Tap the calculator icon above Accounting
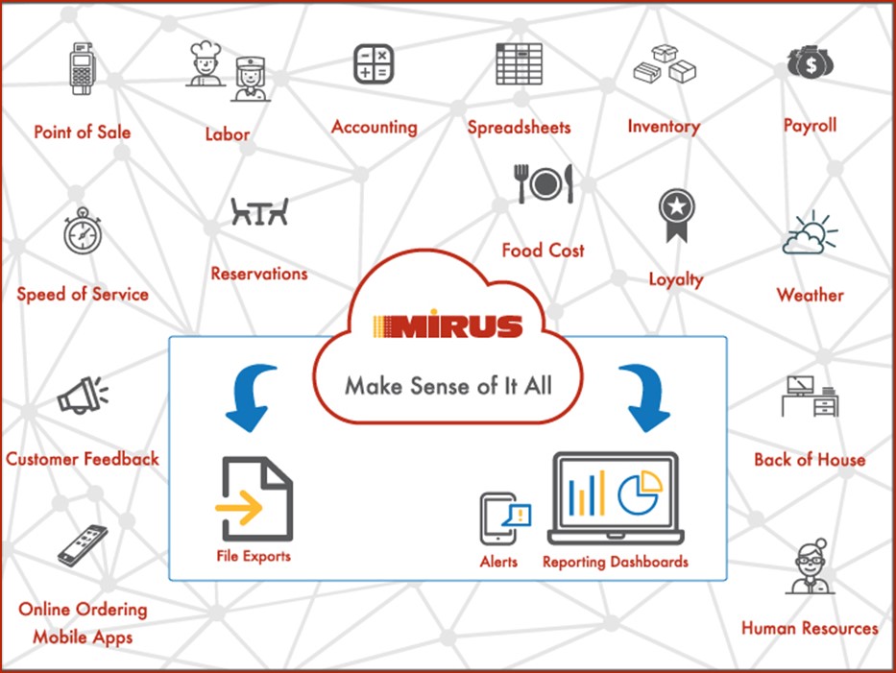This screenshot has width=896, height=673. [x=374, y=64]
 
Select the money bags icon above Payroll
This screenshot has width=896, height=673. [x=811, y=62]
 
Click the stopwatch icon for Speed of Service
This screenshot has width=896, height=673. [x=83, y=230]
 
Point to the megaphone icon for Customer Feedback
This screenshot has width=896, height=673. [x=83, y=395]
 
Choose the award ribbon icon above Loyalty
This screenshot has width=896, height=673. [x=677, y=215]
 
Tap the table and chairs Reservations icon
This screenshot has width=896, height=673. [x=259, y=211]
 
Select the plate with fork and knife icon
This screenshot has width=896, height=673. [x=544, y=183]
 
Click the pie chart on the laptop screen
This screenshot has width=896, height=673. [x=640, y=492]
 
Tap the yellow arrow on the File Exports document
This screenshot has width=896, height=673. [x=239, y=506]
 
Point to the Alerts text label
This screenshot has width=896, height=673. [x=498, y=563]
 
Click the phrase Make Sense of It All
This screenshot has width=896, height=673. [x=448, y=386]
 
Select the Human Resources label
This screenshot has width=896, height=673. [x=810, y=628]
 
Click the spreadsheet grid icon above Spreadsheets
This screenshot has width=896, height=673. [x=520, y=64]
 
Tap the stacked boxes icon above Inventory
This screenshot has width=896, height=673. [x=665, y=64]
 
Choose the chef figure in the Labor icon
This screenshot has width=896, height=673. [x=205, y=62]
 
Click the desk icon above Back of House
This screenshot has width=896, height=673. [x=810, y=396]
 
